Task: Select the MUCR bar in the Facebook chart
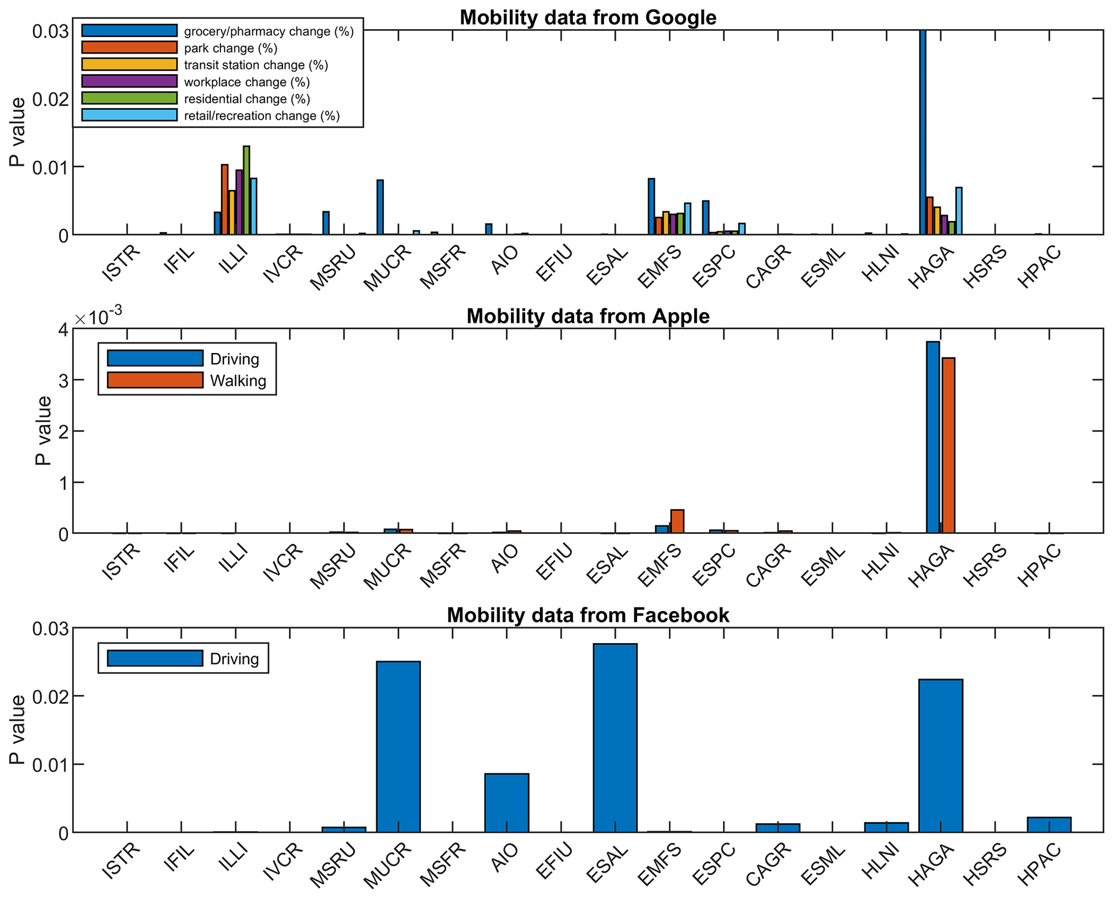tap(398, 746)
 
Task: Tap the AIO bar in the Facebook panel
tap(507, 803)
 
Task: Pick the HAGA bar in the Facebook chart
tap(940, 756)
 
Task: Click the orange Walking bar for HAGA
tap(949, 445)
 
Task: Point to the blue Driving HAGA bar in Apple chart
tap(933, 437)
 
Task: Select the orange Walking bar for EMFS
tap(677, 521)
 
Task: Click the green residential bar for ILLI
tap(246, 190)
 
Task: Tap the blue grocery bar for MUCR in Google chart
tap(380, 208)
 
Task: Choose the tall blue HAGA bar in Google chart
tap(923, 132)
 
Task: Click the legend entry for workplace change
tap(247, 82)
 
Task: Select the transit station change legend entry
tap(255, 65)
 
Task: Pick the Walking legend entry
tap(238, 381)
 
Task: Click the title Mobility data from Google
tap(588, 18)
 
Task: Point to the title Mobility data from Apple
tap(588, 316)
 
